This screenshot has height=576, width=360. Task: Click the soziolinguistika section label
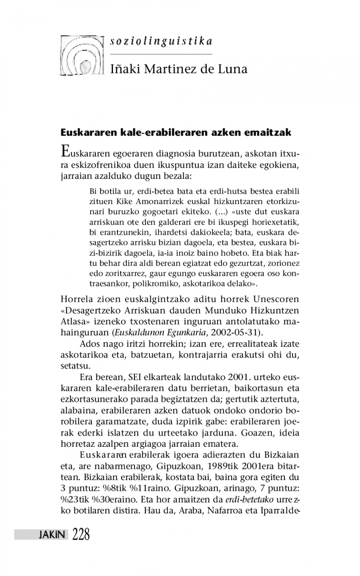161,41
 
